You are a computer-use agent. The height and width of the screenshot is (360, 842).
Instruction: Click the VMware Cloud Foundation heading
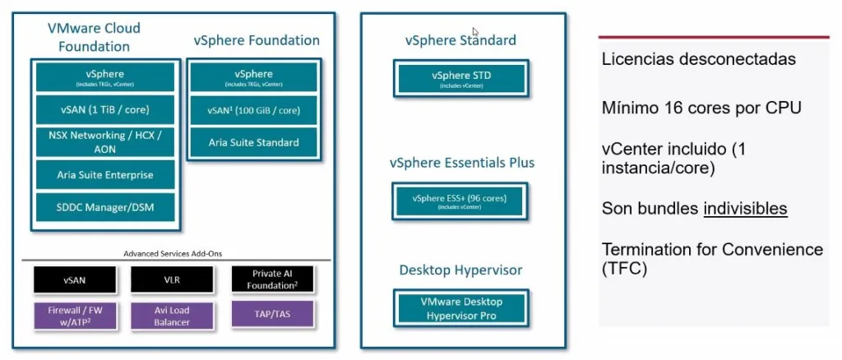point(94,37)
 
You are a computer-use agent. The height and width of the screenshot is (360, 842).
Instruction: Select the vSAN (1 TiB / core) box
point(105,108)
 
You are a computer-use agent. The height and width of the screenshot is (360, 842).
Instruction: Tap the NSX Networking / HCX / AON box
point(105,141)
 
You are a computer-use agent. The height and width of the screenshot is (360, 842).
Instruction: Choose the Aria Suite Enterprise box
point(105,175)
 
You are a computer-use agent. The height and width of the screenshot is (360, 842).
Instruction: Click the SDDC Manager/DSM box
point(105,207)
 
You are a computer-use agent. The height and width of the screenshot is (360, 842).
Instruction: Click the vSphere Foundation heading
point(257,40)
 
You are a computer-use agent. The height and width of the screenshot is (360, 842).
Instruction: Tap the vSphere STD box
point(460,79)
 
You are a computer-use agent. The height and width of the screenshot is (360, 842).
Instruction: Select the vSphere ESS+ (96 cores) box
point(460,201)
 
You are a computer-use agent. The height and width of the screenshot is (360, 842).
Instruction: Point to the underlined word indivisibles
point(745,209)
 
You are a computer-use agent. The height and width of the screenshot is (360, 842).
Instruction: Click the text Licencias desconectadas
point(698,59)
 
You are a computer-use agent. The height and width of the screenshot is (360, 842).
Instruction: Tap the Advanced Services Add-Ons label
point(172,253)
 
